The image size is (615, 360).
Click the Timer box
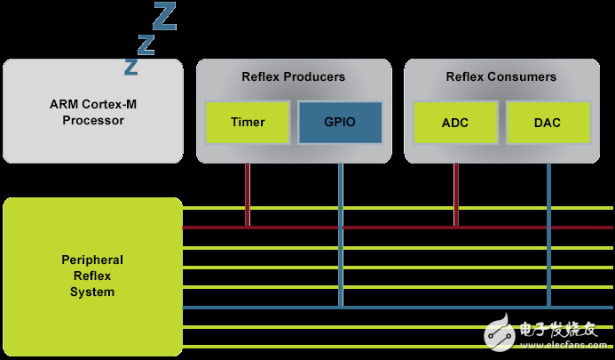[248, 123]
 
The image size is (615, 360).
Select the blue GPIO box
[339, 123]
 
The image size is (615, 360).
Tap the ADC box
[455, 123]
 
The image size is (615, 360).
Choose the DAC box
[548, 123]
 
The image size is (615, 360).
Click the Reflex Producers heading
[293, 77]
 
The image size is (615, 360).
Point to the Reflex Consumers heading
[501, 77]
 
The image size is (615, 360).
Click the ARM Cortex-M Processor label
[93, 112]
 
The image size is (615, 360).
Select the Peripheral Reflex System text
[92, 276]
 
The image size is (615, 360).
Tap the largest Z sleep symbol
[164, 15]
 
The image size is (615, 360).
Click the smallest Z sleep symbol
[131, 67]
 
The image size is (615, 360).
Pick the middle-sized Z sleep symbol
[146, 44]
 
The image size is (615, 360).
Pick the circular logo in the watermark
[501, 333]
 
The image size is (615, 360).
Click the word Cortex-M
[114, 104]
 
